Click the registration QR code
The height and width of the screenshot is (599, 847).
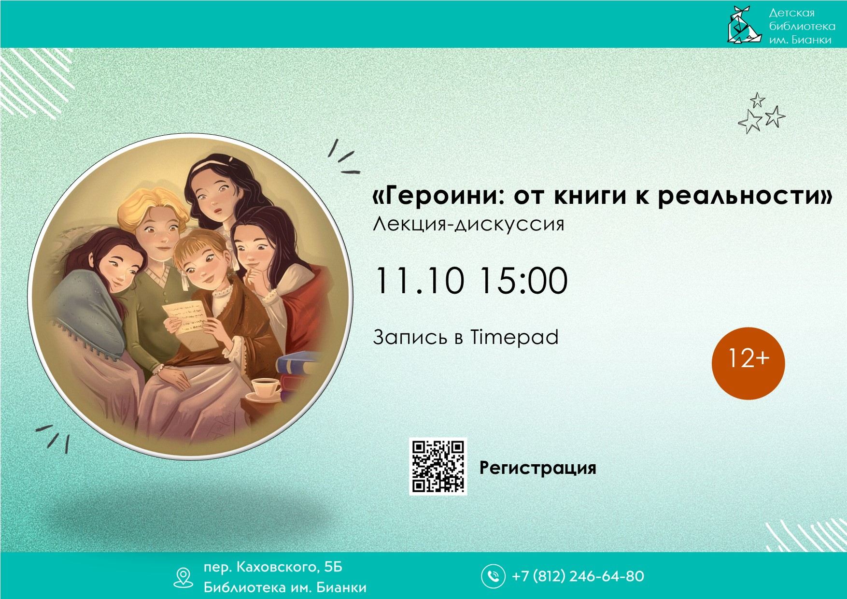coord(438,467)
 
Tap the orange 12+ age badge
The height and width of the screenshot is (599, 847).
coord(748,363)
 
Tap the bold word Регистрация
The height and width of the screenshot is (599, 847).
coord(538,468)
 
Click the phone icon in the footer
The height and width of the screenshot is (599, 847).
coord(493,576)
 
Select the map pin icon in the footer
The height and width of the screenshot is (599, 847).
coord(183,577)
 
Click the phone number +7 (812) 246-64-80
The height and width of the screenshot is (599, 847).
coord(578,576)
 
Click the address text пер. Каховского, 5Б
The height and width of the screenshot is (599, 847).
coord(273,567)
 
